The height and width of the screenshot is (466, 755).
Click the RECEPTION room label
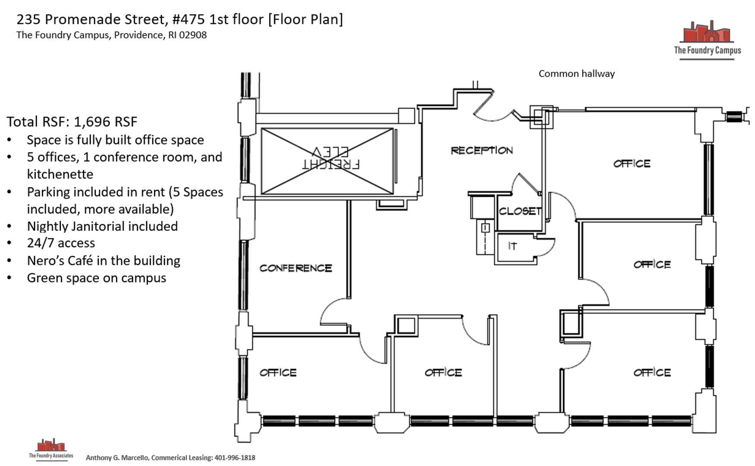[482, 151]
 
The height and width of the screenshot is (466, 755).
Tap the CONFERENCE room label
[296, 268]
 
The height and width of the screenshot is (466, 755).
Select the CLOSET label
[520, 211]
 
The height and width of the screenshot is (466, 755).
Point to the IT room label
[512, 246]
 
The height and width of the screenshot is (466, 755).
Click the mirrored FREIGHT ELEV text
[331, 158]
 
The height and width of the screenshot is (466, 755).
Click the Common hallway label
[576, 74]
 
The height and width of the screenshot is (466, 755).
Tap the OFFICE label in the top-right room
[632, 164]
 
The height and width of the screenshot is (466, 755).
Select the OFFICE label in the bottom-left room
[278, 372]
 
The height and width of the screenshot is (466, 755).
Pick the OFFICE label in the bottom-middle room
[443, 372]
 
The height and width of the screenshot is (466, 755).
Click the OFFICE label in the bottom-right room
[652, 372]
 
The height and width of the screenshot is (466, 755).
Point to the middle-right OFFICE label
[652, 264]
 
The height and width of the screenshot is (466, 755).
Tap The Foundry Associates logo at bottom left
[51, 449]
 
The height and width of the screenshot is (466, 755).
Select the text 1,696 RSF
[105, 122]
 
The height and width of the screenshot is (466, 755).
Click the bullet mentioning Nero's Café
[103, 261]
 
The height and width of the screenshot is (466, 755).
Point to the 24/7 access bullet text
[61, 243]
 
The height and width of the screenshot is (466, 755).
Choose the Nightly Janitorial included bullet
[102, 226]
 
